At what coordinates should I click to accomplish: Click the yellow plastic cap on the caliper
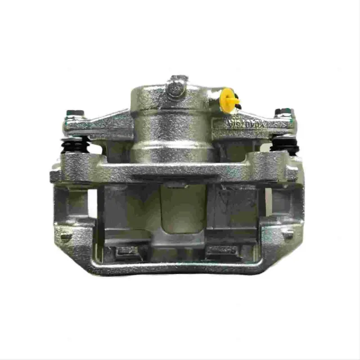pyautogui.click(x=229, y=100)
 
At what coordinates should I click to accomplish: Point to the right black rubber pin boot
pyautogui.click(x=284, y=145)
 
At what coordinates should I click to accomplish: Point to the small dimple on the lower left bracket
pyautogui.click(x=66, y=237)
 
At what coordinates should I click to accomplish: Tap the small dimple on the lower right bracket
pyautogui.click(x=287, y=233)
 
